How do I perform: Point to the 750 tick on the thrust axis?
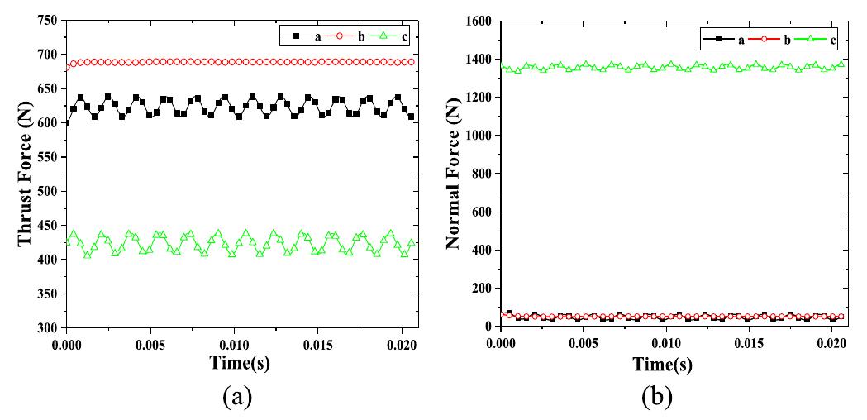pos(49,21)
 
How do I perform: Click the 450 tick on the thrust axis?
pos(49,226)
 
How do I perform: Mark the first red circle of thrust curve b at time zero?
pos(67,68)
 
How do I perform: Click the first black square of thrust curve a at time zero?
pos(67,122)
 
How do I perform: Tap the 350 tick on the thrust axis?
pos(49,294)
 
